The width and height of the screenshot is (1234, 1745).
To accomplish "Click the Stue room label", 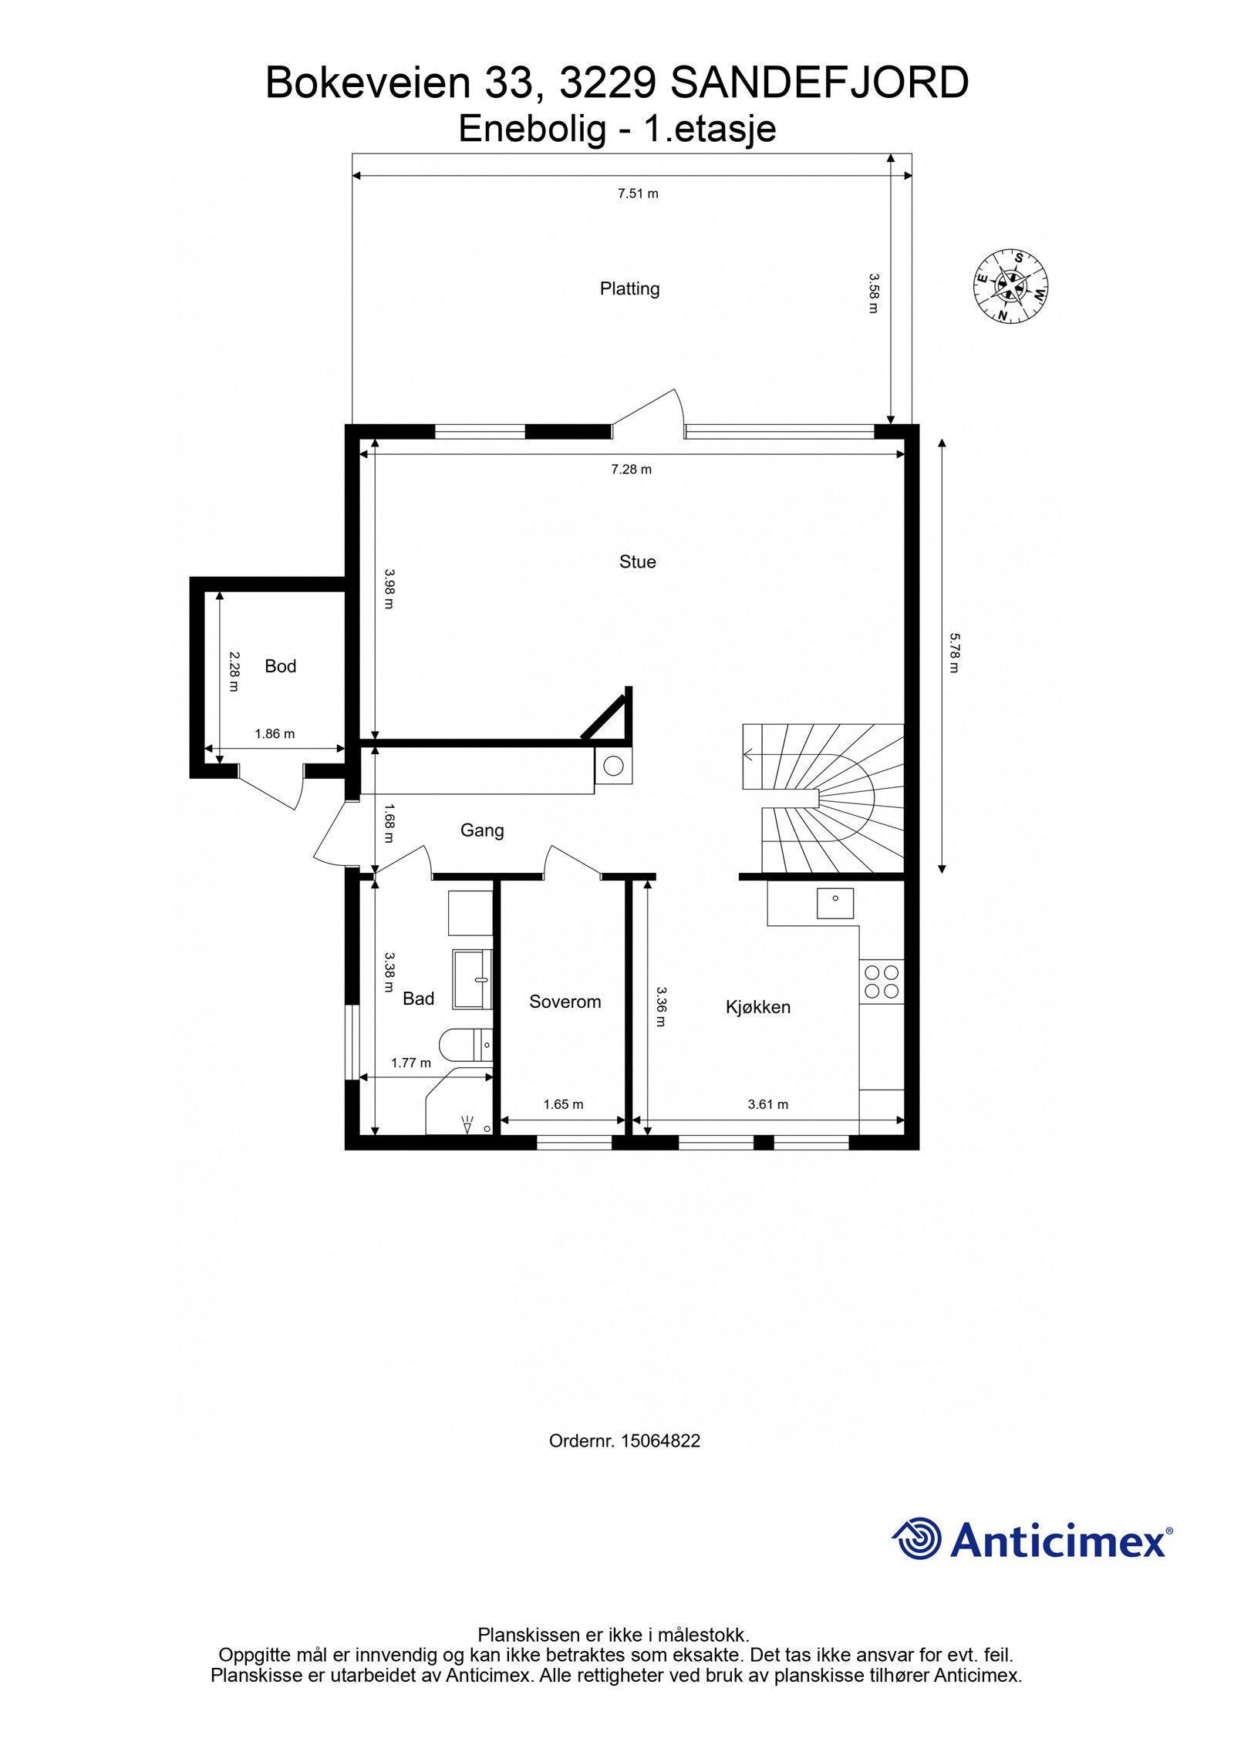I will point(637,561).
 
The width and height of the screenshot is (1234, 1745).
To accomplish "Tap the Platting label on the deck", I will point(629,288).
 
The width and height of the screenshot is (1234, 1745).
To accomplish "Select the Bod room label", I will point(280,665).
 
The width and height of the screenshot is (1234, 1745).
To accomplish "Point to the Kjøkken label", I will point(757,1007).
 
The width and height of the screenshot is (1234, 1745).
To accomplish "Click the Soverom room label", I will point(565,1002).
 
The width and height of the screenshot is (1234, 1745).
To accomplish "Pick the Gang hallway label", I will point(482,830).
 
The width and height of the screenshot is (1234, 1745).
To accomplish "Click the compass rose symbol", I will point(1010,286).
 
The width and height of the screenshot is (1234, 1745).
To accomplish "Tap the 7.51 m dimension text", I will point(638,194).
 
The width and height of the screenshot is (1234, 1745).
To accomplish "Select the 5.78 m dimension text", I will point(953,652).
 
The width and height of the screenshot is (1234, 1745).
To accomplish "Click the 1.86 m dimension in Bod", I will point(275,734).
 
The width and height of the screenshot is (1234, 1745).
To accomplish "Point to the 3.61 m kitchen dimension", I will point(768,1104).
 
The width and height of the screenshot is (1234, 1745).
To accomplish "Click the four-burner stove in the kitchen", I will point(881,982).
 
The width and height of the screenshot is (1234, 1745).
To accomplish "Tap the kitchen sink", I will point(835,903).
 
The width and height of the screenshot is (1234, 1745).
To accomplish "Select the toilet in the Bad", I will point(463,1046).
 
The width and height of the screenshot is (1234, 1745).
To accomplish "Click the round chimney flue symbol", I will point(613,766).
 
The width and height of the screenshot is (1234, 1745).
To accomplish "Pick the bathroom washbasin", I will point(472,979).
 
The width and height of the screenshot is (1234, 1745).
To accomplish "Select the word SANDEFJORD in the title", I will point(819,83).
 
